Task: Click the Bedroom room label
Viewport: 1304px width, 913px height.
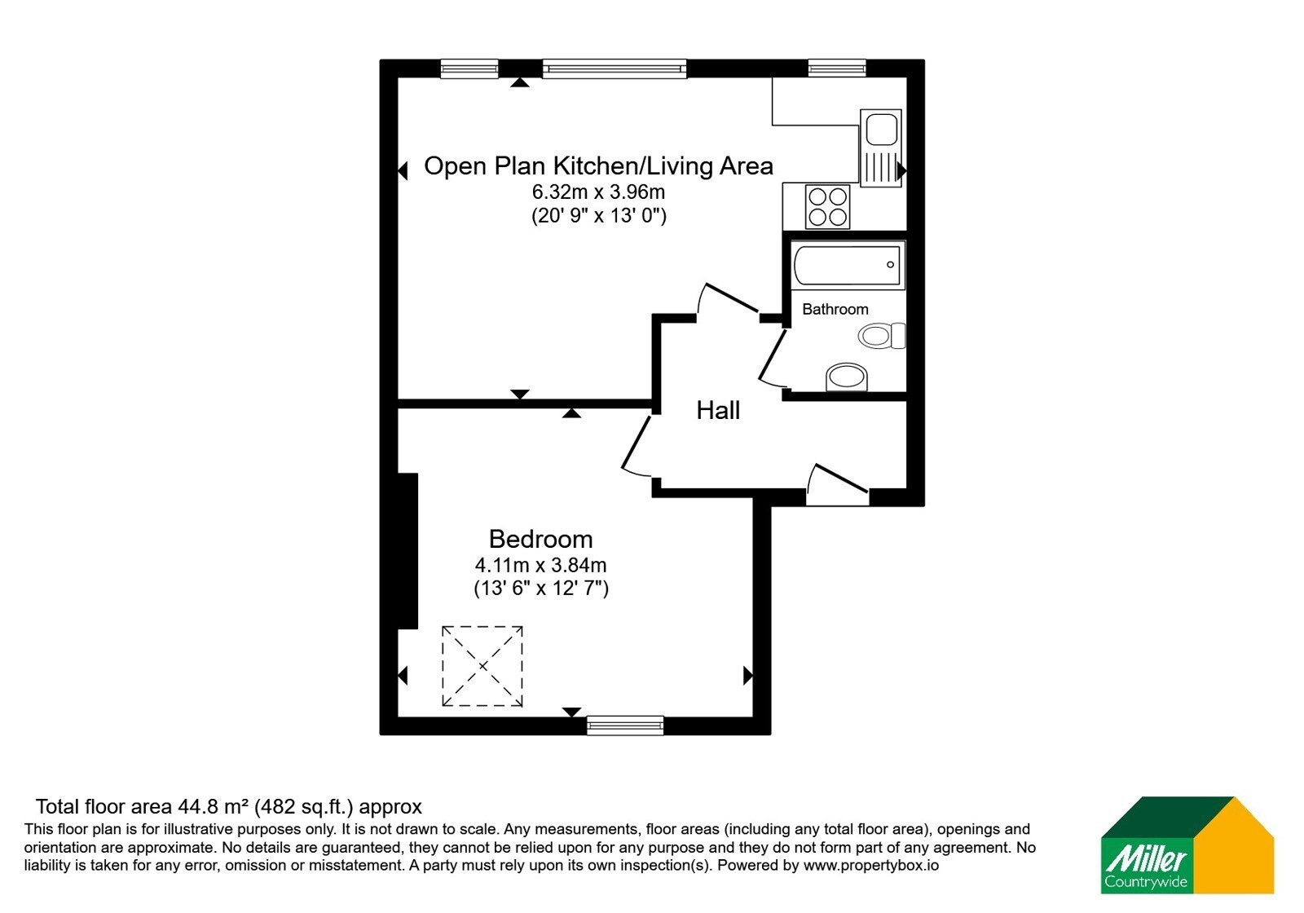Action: [540, 539]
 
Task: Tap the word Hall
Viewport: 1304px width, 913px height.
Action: [718, 411]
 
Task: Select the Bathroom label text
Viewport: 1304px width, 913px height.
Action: [835, 309]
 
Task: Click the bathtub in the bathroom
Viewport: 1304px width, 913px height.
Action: [848, 266]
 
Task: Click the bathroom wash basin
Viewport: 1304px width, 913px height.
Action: [847, 377]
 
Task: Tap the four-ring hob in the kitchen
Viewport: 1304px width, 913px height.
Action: [827, 207]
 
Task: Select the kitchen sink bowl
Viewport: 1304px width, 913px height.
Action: [881, 130]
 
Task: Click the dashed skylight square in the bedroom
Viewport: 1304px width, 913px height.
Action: [482, 666]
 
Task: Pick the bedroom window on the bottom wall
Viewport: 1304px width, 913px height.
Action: [625, 725]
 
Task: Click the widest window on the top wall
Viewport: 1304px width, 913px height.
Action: [615, 68]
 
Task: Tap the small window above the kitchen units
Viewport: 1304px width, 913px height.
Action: [836, 68]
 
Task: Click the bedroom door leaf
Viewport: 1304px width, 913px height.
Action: [636, 443]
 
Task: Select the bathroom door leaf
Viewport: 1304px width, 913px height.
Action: [773, 354]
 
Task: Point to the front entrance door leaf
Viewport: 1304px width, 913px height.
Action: [842, 478]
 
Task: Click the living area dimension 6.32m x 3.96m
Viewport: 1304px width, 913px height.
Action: [598, 192]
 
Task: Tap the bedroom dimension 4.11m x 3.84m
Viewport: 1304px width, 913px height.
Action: [541, 565]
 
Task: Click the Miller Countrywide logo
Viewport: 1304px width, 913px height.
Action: [1187, 845]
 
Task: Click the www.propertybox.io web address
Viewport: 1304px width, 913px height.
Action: [871, 865]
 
